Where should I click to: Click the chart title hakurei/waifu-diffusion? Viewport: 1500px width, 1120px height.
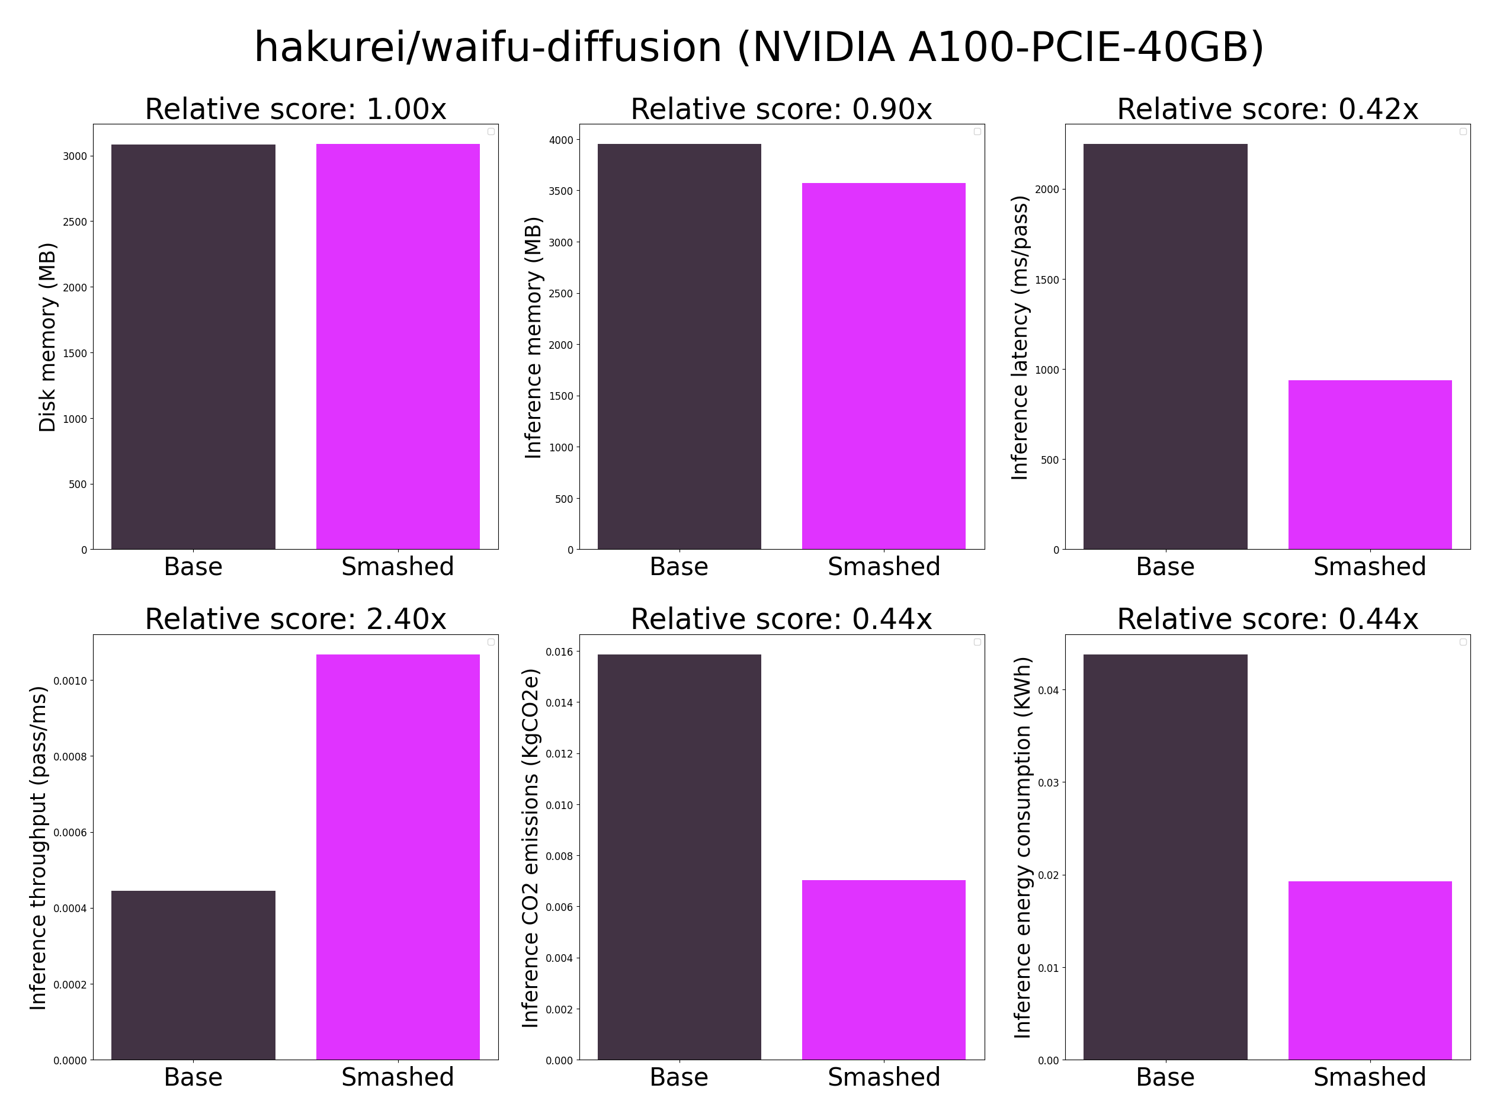pos(759,47)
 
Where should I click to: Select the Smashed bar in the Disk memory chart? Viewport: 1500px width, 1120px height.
pos(398,346)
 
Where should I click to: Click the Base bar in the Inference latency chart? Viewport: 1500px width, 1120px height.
pos(1165,346)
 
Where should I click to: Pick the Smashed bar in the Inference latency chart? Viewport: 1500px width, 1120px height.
pos(1370,464)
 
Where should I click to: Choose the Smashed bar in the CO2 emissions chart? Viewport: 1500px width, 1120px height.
pos(883,970)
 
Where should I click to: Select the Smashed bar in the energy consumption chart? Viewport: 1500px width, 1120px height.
pos(1370,970)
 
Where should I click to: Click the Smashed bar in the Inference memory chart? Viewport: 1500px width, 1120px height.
pos(883,366)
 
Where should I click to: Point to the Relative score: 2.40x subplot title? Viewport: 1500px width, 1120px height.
pos(296,619)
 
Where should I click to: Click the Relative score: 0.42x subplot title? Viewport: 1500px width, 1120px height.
pos(1267,109)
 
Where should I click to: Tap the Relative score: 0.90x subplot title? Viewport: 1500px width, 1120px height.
pos(781,109)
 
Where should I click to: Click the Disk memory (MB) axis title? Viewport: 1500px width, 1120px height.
pos(47,337)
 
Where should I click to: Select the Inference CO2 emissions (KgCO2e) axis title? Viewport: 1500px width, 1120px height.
pos(530,848)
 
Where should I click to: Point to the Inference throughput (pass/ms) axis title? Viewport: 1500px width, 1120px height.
pos(38,848)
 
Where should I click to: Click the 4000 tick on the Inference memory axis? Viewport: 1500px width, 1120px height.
pos(561,140)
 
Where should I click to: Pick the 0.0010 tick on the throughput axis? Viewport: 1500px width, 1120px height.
pos(70,681)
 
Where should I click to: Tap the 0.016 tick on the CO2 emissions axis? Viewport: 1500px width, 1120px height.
pos(559,652)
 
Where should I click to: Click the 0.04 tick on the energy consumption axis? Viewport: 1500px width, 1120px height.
pos(1049,690)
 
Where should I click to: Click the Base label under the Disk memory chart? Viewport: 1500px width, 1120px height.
pos(193,567)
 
